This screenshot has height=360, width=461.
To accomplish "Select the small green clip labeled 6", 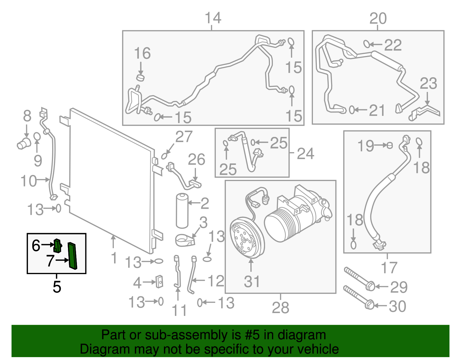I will point(58,246).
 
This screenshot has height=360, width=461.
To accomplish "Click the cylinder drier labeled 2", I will point(182,211).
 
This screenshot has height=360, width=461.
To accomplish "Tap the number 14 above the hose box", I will point(213,18).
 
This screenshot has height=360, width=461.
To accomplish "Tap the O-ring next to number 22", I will point(366,44).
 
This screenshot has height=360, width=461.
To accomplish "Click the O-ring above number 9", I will point(37,136).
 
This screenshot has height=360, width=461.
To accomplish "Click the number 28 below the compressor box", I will point(280,308).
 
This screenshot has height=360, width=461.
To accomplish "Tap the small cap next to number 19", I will point(390,145).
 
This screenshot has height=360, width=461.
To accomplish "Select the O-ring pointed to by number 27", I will point(164,156).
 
